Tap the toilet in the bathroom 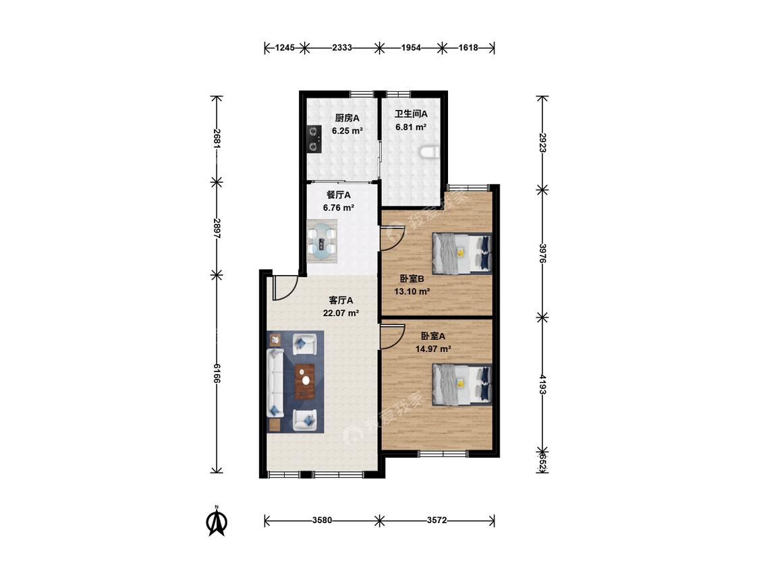pos(429,153)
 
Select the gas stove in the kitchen pos(314,139)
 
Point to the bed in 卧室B pos(461,253)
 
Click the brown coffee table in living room pos(305,381)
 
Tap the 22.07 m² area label pos(341,313)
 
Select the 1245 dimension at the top pos(285,47)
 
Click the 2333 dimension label pos(342,47)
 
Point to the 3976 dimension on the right pos(542,253)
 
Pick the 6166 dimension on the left pos(217,373)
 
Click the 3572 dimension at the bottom pos(437,520)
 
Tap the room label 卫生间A pos(411,114)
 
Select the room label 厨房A pos(347,117)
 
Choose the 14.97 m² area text pos(433,349)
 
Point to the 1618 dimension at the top pos(468,47)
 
